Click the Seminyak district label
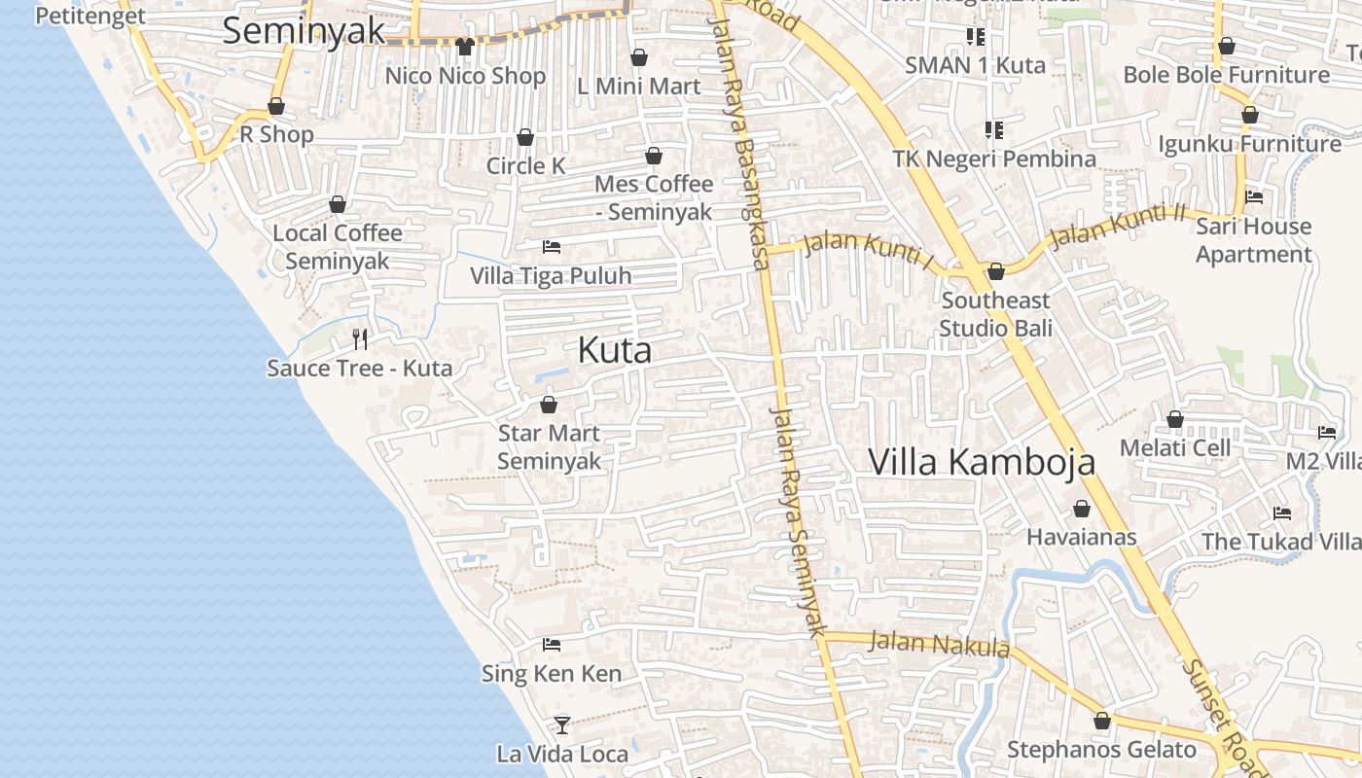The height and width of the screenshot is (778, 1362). [x=305, y=30]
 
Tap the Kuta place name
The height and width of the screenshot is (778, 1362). [x=614, y=350]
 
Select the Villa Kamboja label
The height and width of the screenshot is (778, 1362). [x=982, y=462]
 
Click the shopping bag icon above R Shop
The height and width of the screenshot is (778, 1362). [x=276, y=106]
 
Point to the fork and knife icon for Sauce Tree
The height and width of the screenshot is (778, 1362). [x=360, y=338]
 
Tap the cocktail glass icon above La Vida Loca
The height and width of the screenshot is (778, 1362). [x=561, y=725]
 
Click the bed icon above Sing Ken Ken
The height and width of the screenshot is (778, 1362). [x=552, y=644]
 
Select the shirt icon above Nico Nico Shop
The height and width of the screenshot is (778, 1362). [x=464, y=46]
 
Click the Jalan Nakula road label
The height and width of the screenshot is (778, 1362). [x=938, y=644]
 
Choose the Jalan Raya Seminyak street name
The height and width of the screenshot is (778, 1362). [x=798, y=515]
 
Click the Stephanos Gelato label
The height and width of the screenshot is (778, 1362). [x=1101, y=750]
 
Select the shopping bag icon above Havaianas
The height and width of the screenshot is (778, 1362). [x=1082, y=509]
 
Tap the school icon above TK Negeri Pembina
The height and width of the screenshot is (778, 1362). [x=993, y=129]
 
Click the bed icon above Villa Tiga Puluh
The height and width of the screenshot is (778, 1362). [x=552, y=247]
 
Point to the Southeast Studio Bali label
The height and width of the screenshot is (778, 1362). [x=995, y=313]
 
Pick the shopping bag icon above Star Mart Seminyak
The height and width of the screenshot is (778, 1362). [x=549, y=405]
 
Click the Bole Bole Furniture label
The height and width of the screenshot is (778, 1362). [x=1226, y=75]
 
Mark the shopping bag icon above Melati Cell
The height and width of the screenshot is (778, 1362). [x=1175, y=419]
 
